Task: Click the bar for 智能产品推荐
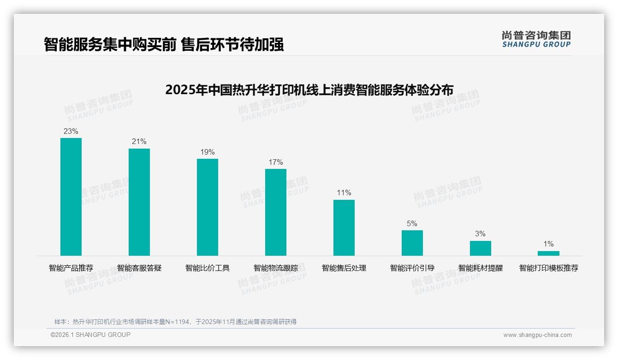pos(71,197)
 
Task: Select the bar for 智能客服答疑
pos(139,202)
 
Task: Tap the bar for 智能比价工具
pos(208,207)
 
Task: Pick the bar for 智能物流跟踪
pos(276,212)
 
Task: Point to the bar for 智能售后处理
pos(344,228)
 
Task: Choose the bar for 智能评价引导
pos(412,243)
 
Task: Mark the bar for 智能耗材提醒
pos(481,248)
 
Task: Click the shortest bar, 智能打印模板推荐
pos(548,253)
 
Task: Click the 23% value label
pos(71,131)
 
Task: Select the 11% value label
pos(344,193)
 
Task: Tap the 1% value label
pos(548,244)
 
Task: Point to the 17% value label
pos(276,162)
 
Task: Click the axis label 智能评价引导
pos(412,268)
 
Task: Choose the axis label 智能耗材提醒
pos(481,268)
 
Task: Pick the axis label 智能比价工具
pos(208,268)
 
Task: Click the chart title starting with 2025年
pos(309,90)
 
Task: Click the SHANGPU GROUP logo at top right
pos(536,39)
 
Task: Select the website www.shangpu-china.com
pos(537,335)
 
